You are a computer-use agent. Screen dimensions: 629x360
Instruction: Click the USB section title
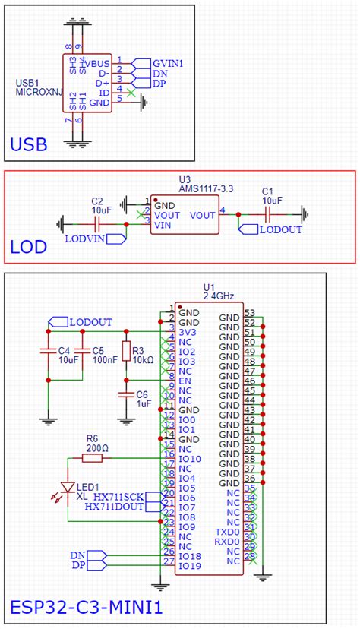pyautogui.click(x=29, y=144)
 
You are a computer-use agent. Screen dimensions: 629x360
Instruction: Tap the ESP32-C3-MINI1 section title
pyautogui.click(x=86, y=608)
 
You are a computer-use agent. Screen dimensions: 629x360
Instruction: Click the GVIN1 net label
pyautogui.click(x=169, y=62)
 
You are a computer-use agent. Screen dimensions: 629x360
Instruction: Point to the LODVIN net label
pyautogui.click(x=85, y=239)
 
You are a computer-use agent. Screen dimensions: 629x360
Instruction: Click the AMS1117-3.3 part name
pyautogui.click(x=207, y=188)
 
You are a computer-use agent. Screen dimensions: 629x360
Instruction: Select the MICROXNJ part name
pyautogui.click(x=36, y=91)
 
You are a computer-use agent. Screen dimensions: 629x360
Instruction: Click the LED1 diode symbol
pyautogui.click(x=68, y=487)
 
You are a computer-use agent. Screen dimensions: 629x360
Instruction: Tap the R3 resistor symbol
pyautogui.click(x=126, y=351)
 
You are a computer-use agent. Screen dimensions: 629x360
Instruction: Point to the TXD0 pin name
pyautogui.click(x=227, y=532)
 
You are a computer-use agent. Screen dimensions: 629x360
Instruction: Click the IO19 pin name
pyautogui.click(x=190, y=566)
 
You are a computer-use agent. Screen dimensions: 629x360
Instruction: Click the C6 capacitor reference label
pyautogui.click(x=141, y=395)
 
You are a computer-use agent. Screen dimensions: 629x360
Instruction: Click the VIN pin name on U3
pyautogui.click(x=163, y=225)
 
